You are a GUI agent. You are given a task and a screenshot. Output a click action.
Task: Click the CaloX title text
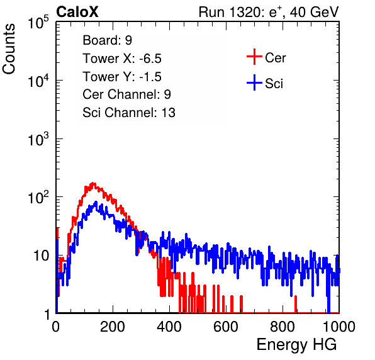click(x=77, y=12)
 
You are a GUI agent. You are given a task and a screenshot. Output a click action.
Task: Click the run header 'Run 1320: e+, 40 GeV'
click(x=269, y=12)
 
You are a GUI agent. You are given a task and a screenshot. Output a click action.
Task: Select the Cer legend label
click(x=275, y=58)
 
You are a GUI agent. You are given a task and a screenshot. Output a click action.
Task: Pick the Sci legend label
click(x=274, y=84)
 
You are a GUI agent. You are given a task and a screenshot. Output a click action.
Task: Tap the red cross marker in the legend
click(x=254, y=57)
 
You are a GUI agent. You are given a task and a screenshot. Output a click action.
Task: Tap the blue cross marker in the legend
click(x=254, y=82)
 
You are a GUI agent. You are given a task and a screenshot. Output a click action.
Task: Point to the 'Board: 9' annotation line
click(x=108, y=40)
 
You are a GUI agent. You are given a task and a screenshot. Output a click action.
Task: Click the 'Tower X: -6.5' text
click(x=122, y=59)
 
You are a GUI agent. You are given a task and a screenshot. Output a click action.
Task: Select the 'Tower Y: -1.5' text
click(x=122, y=77)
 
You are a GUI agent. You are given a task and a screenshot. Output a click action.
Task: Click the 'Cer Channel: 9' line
click(x=126, y=94)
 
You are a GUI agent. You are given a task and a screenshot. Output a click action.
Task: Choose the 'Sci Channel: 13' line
click(x=129, y=113)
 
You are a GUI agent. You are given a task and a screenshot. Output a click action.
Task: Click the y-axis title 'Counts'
click(x=9, y=49)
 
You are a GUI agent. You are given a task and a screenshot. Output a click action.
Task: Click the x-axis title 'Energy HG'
click(x=297, y=345)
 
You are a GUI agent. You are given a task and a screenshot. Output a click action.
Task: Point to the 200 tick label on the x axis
click(x=113, y=327)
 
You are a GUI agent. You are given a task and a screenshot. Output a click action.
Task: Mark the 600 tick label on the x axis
click(x=226, y=327)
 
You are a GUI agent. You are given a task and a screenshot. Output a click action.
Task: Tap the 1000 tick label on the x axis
click(x=339, y=327)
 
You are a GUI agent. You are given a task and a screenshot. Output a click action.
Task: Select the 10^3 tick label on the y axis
click(x=38, y=139)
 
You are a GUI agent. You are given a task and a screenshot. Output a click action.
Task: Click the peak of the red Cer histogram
click(x=93, y=184)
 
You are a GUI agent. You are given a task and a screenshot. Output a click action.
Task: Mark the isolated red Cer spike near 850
click(x=296, y=304)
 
